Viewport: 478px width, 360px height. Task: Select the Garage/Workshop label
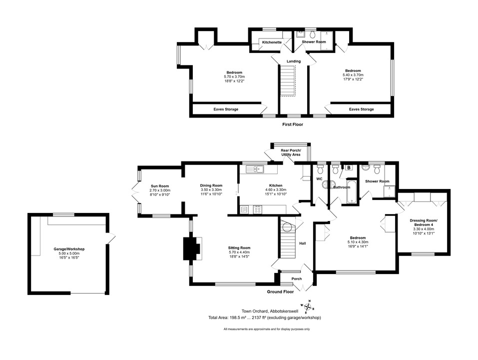[x=69, y=249]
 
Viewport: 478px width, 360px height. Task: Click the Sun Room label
[x=160, y=186]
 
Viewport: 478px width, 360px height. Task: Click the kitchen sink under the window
[x=255, y=168]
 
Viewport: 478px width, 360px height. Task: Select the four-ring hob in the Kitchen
[x=257, y=209]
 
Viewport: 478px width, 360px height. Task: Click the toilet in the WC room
[x=320, y=168]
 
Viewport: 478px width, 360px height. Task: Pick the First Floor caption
[x=293, y=124]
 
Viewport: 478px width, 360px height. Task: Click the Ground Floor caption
[x=281, y=291]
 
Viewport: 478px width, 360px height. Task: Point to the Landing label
[x=294, y=61]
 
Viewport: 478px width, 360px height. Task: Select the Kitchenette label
[x=272, y=42]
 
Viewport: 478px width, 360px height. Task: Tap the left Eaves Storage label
[x=226, y=109]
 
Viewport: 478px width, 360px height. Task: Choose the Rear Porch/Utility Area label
[x=291, y=152]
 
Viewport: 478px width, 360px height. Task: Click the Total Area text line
[x=265, y=317]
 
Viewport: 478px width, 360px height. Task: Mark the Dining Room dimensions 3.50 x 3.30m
[x=211, y=190]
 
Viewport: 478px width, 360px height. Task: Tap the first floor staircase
[x=288, y=80]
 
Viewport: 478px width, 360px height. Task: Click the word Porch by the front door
[x=297, y=279]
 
